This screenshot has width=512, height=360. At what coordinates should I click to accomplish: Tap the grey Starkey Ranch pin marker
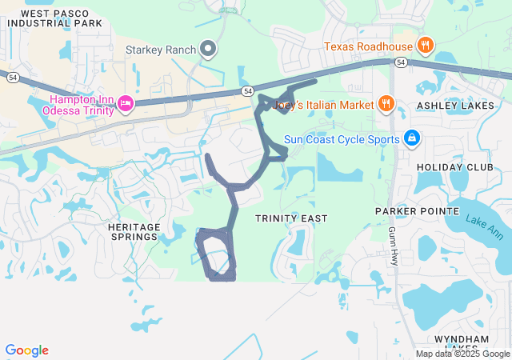pos(209,50)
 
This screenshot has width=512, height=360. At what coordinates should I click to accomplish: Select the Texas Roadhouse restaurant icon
pos(426,46)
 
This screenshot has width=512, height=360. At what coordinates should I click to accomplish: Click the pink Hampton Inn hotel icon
pos(125,103)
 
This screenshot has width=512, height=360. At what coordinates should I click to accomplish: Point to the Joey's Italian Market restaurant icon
pos(386,104)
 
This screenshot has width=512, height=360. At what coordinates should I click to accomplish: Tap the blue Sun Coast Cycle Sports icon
pos(412,138)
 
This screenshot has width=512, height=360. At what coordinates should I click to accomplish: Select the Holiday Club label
pos(451,167)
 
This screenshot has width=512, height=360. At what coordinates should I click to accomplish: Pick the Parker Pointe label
pos(418,211)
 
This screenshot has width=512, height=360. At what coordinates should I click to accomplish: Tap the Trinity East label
pos(286,218)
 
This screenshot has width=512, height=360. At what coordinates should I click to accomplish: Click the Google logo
pos(26,350)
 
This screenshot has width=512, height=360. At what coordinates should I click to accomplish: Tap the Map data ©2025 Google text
pos(462,354)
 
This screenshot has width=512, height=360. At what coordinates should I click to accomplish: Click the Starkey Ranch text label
pos(161,50)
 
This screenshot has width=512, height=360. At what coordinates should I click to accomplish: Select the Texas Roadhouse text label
pos(368,46)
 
